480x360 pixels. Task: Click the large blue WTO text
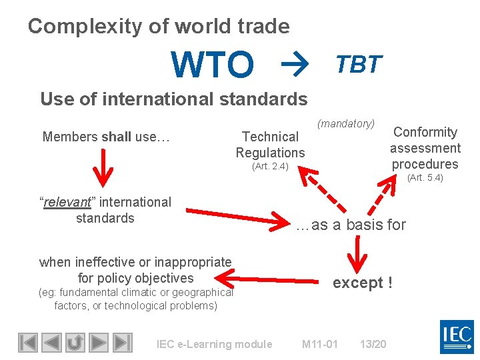pos(213,65)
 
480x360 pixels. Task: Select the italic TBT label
pos(359,64)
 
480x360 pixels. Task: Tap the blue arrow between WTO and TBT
pos(291,64)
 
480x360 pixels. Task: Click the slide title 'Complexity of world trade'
pos(159,26)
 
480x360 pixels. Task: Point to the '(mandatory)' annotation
pos(346,123)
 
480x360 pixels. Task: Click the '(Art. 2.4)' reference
pos(270,167)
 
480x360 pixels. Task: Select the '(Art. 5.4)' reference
pos(425,177)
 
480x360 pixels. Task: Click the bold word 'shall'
pos(117,137)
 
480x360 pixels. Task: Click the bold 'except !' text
pos(363,283)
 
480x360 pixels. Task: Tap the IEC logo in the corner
pos(457,337)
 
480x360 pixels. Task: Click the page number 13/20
pos(373,344)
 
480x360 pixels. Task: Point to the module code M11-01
pos(319,344)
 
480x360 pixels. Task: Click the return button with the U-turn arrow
pos(75,342)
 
